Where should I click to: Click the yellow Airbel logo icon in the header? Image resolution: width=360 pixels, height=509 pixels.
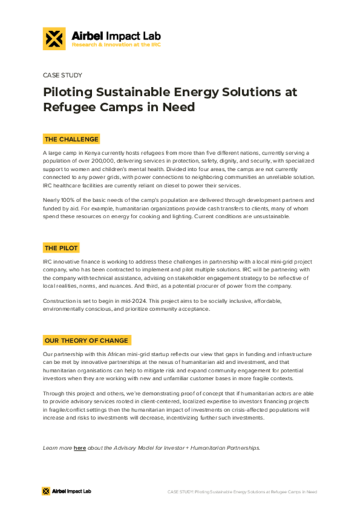[x=52, y=39]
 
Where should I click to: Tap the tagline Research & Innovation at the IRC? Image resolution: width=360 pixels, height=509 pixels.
[x=116, y=46]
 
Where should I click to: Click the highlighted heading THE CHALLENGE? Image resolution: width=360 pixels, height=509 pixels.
[x=71, y=139]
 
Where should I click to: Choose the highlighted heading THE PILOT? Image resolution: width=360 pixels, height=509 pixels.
[x=62, y=248]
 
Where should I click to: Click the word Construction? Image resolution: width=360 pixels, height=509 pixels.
[x=59, y=301]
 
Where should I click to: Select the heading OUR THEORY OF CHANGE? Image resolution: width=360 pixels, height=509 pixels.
[x=86, y=341]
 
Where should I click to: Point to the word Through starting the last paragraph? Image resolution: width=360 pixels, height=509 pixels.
[x=54, y=393]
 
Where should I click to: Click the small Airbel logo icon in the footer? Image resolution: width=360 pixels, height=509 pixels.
[x=47, y=491]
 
